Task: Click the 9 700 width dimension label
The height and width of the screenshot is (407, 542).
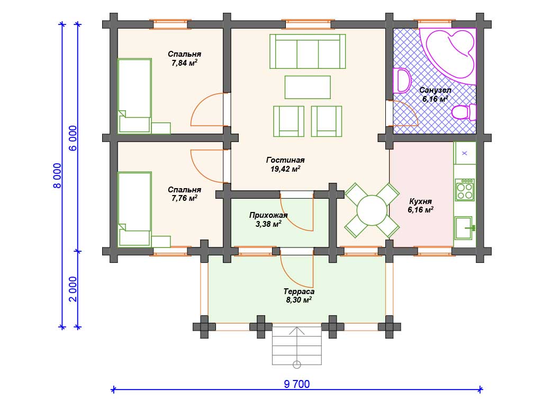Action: [x=296, y=384]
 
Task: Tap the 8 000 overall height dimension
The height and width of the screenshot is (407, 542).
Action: [x=57, y=176]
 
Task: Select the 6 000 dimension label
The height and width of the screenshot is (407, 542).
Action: [x=73, y=138]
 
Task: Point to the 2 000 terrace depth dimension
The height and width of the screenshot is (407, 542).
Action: [x=73, y=289]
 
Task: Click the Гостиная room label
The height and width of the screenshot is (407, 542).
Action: [x=285, y=160]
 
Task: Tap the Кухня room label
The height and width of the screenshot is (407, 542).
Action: [x=420, y=201]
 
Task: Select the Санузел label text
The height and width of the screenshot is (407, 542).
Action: [x=435, y=90]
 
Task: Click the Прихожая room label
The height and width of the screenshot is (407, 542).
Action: [x=268, y=215]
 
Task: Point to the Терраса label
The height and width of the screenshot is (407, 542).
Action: [x=299, y=291]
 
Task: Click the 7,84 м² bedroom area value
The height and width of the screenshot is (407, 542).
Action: [x=185, y=63]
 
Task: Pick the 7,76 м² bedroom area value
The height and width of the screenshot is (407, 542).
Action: [x=185, y=198]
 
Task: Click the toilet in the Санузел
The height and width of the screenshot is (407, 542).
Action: [x=463, y=112]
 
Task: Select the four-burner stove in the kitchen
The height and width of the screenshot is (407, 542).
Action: [x=465, y=190]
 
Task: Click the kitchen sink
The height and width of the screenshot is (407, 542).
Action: [x=464, y=228]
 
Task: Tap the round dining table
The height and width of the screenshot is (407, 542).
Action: [x=372, y=210]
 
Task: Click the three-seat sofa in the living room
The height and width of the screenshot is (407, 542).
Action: [x=308, y=51]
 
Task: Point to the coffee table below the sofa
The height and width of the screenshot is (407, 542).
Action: [x=308, y=87]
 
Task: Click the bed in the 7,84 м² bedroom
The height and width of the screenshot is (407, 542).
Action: [x=135, y=96]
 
